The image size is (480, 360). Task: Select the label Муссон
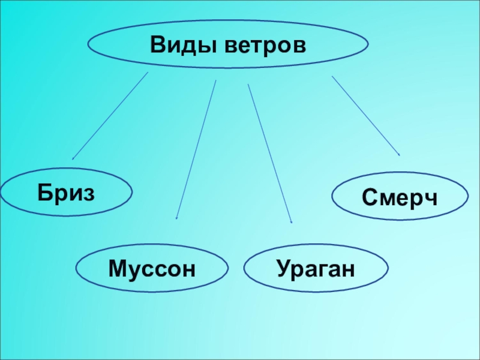coord(152,268)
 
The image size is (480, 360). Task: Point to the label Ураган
coord(316,268)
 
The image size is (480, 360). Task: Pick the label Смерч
coord(400,196)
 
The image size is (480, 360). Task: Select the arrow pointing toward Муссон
coord(196,150)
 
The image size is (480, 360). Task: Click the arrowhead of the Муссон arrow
coord(176,218)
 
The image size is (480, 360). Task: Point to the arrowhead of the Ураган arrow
coord(291,223)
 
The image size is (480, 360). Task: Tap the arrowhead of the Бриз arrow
coord(73,158)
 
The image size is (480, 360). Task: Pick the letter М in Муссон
coord(118,268)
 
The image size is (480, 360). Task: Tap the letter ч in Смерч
coord(431,196)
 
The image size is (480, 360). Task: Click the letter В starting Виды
coord(158,44)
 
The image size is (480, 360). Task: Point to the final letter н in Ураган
coord(349,268)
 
